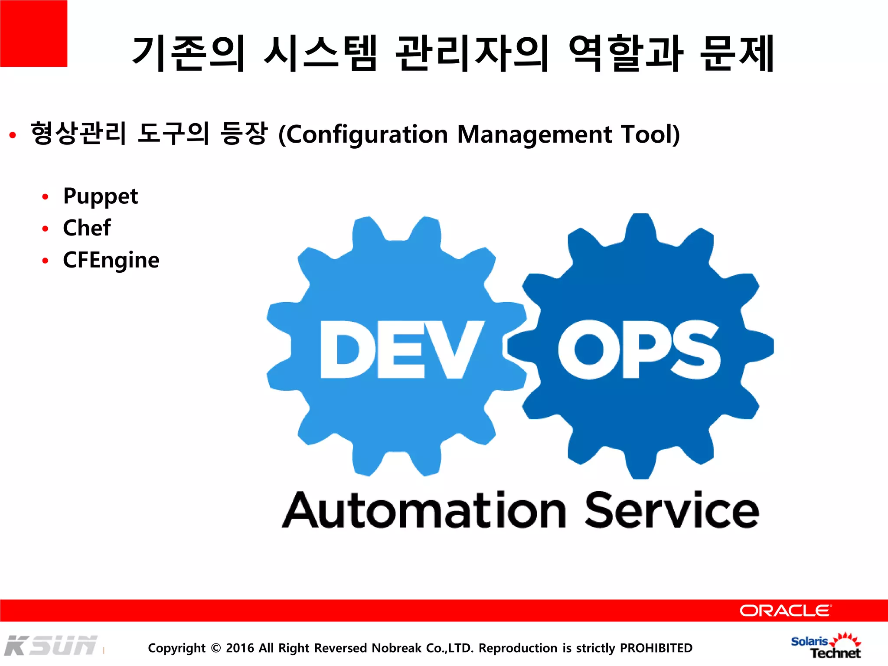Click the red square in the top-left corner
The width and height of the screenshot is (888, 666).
(33, 33)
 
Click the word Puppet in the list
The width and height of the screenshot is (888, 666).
(100, 196)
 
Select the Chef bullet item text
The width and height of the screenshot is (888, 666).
(87, 228)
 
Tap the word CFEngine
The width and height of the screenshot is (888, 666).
(111, 260)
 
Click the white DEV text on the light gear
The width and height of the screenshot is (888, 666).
(402, 349)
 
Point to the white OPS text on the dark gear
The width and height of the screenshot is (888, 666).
(640, 349)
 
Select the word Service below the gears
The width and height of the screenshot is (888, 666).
(672, 510)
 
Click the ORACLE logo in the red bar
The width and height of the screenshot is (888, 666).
(785, 610)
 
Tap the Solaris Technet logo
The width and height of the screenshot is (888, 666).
(826, 646)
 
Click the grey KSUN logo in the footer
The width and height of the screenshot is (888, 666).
(51, 646)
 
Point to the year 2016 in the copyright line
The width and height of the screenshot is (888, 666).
(240, 648)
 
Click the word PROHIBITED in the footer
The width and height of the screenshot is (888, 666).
(656, 648)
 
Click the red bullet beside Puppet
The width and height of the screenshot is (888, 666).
(46, 197)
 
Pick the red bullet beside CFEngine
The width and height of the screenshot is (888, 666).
(46, 261)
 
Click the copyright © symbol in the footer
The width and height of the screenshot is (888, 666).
(215, 648)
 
